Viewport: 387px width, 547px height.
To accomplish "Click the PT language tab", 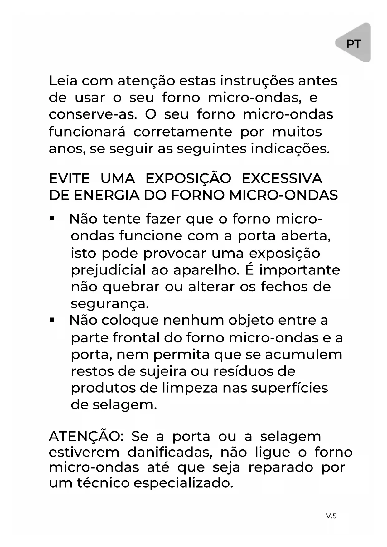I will click(354, 44).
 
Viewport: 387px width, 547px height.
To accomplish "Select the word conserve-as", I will click(93, 115).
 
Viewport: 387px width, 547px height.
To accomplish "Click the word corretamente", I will click(183, 132).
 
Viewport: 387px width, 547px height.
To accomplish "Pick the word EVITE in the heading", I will click(69, 179).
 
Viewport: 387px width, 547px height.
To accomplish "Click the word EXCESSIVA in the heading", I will click(282, 179).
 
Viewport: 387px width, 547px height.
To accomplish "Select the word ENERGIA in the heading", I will click(107, 196).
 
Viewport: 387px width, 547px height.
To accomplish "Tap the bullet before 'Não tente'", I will click(52, 219).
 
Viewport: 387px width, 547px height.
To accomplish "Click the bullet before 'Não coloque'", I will click(52, 320).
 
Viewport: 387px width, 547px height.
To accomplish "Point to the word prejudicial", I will click(108, 270).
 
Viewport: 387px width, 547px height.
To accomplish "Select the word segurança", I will click(110, 304).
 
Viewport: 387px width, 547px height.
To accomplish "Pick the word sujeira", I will click(163, 371).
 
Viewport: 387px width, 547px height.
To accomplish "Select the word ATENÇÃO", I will click(86, 436).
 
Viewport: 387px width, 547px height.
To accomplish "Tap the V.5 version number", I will click(331, 516).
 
